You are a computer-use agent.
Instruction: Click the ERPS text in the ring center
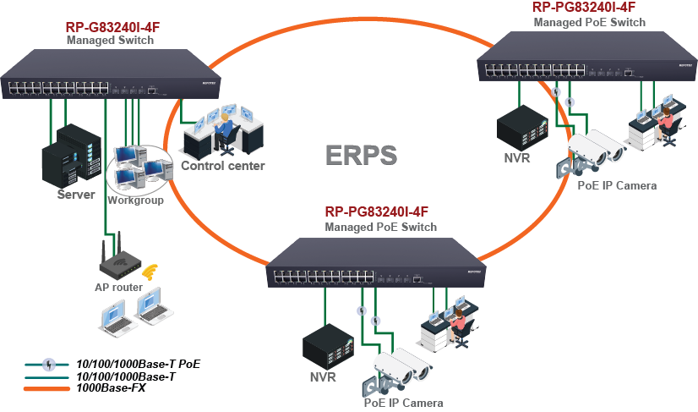(361, 155)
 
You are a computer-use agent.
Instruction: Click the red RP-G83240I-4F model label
(112, 27)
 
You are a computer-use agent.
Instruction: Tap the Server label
(76, 195)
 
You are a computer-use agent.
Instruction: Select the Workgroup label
(135, 201)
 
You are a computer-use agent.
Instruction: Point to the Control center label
(223, 166)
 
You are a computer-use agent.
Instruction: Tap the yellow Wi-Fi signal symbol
(150, 272)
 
